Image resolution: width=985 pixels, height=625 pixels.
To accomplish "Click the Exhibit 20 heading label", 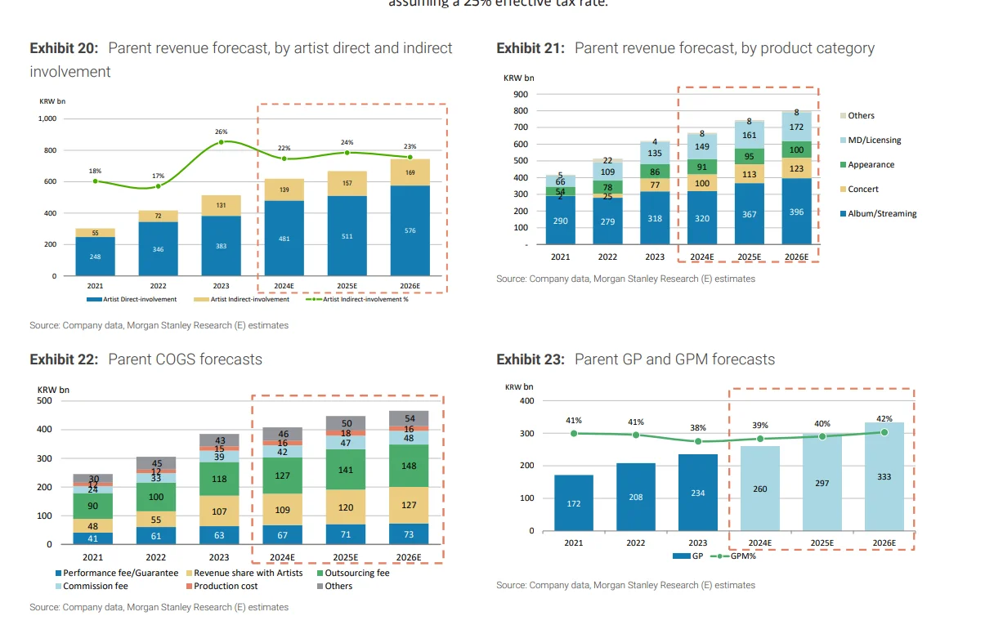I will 64,48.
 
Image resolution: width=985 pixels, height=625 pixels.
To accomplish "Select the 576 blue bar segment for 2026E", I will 410,230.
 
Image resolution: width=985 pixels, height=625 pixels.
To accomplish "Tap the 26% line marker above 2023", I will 221,142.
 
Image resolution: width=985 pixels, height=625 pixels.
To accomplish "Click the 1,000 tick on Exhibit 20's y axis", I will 47,118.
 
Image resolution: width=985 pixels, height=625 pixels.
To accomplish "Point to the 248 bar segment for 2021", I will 95,256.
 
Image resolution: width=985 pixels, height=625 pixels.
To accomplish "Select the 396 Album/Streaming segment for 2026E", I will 796,212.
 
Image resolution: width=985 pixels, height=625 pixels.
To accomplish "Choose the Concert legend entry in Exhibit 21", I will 862,190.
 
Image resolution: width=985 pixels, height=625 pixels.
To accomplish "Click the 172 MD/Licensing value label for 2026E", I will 796,127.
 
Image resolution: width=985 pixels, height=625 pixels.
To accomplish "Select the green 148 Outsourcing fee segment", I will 410,466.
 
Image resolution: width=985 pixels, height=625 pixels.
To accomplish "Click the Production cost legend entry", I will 226,586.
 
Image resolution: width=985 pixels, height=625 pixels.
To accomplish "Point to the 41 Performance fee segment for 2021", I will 92,538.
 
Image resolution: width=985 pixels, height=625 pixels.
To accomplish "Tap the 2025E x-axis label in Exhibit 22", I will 347,557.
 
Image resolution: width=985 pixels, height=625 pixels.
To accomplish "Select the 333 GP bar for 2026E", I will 884,476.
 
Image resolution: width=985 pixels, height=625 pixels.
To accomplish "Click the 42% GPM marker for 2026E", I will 884,432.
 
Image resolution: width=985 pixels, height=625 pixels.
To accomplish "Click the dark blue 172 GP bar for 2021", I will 574,503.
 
